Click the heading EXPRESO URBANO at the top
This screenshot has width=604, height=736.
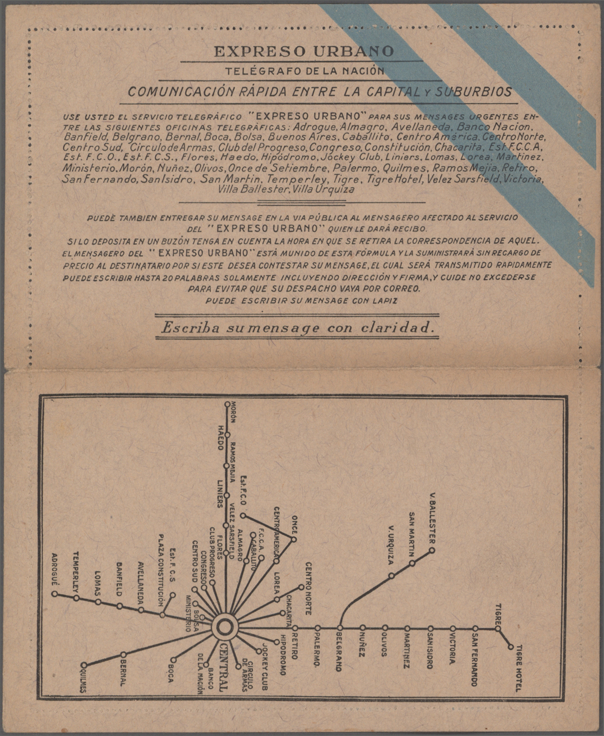coord(304,51)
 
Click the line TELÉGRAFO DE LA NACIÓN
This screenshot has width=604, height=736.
coord(305,71)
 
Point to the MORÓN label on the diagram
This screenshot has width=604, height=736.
coord(233,412)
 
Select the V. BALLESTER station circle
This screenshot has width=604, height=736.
coord(432,550)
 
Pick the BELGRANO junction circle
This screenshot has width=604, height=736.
coord(340,628)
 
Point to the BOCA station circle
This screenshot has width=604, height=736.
coord(173,660)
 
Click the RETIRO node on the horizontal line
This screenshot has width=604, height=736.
coord(295,628)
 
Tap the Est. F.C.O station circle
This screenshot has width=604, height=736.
coord(243,516)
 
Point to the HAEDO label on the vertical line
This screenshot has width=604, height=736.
coord(220,438)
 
